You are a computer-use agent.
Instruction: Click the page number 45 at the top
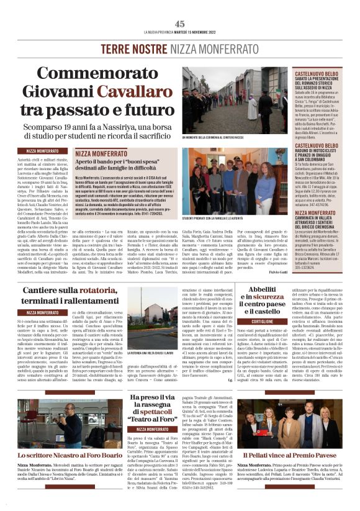pos(180,24)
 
